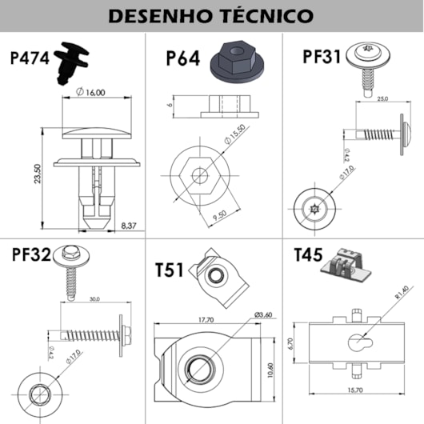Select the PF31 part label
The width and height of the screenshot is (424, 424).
tap(322, 57)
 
